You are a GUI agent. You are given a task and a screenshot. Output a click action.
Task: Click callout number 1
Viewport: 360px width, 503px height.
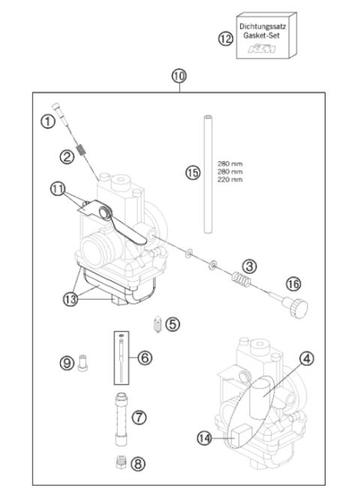click(x=47, y=120)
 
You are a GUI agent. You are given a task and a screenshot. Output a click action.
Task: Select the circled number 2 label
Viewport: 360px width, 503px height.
click(x=68, y=157)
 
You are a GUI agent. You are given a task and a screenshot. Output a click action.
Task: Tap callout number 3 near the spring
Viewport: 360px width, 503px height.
click(x=250, y=265)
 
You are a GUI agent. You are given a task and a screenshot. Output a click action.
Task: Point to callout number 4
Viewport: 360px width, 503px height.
click(x=306, y=359)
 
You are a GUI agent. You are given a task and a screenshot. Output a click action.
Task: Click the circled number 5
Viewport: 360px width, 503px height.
click(x=172, y=325)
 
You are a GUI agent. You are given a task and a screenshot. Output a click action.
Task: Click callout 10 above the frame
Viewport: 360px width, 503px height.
click(x=178, y=76)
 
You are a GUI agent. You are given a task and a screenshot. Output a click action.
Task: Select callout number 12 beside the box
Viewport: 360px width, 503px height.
click(x=226, y=39)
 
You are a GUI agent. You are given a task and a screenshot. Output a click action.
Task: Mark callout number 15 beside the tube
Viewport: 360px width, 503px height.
click(x=193, y=172)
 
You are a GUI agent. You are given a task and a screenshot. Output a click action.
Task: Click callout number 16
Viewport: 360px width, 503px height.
click(x=293, y=283)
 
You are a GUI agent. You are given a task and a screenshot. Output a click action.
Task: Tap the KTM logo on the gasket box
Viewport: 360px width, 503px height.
click(x=262, y=49)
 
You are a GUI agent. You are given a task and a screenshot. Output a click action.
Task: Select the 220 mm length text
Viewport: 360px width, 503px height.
click(x=229, y=180)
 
